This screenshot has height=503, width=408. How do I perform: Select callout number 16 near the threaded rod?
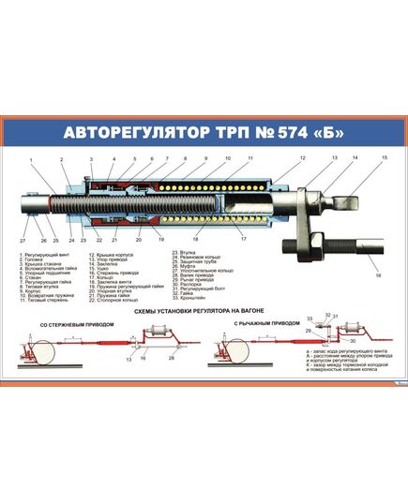tap(379, 275)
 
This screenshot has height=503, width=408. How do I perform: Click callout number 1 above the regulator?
tap(30, 159)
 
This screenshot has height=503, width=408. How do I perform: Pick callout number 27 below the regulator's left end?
tap(23, 241)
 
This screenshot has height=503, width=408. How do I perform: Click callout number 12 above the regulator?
tap(303, 158)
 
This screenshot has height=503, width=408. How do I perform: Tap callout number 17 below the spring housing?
tap(243, 240)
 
